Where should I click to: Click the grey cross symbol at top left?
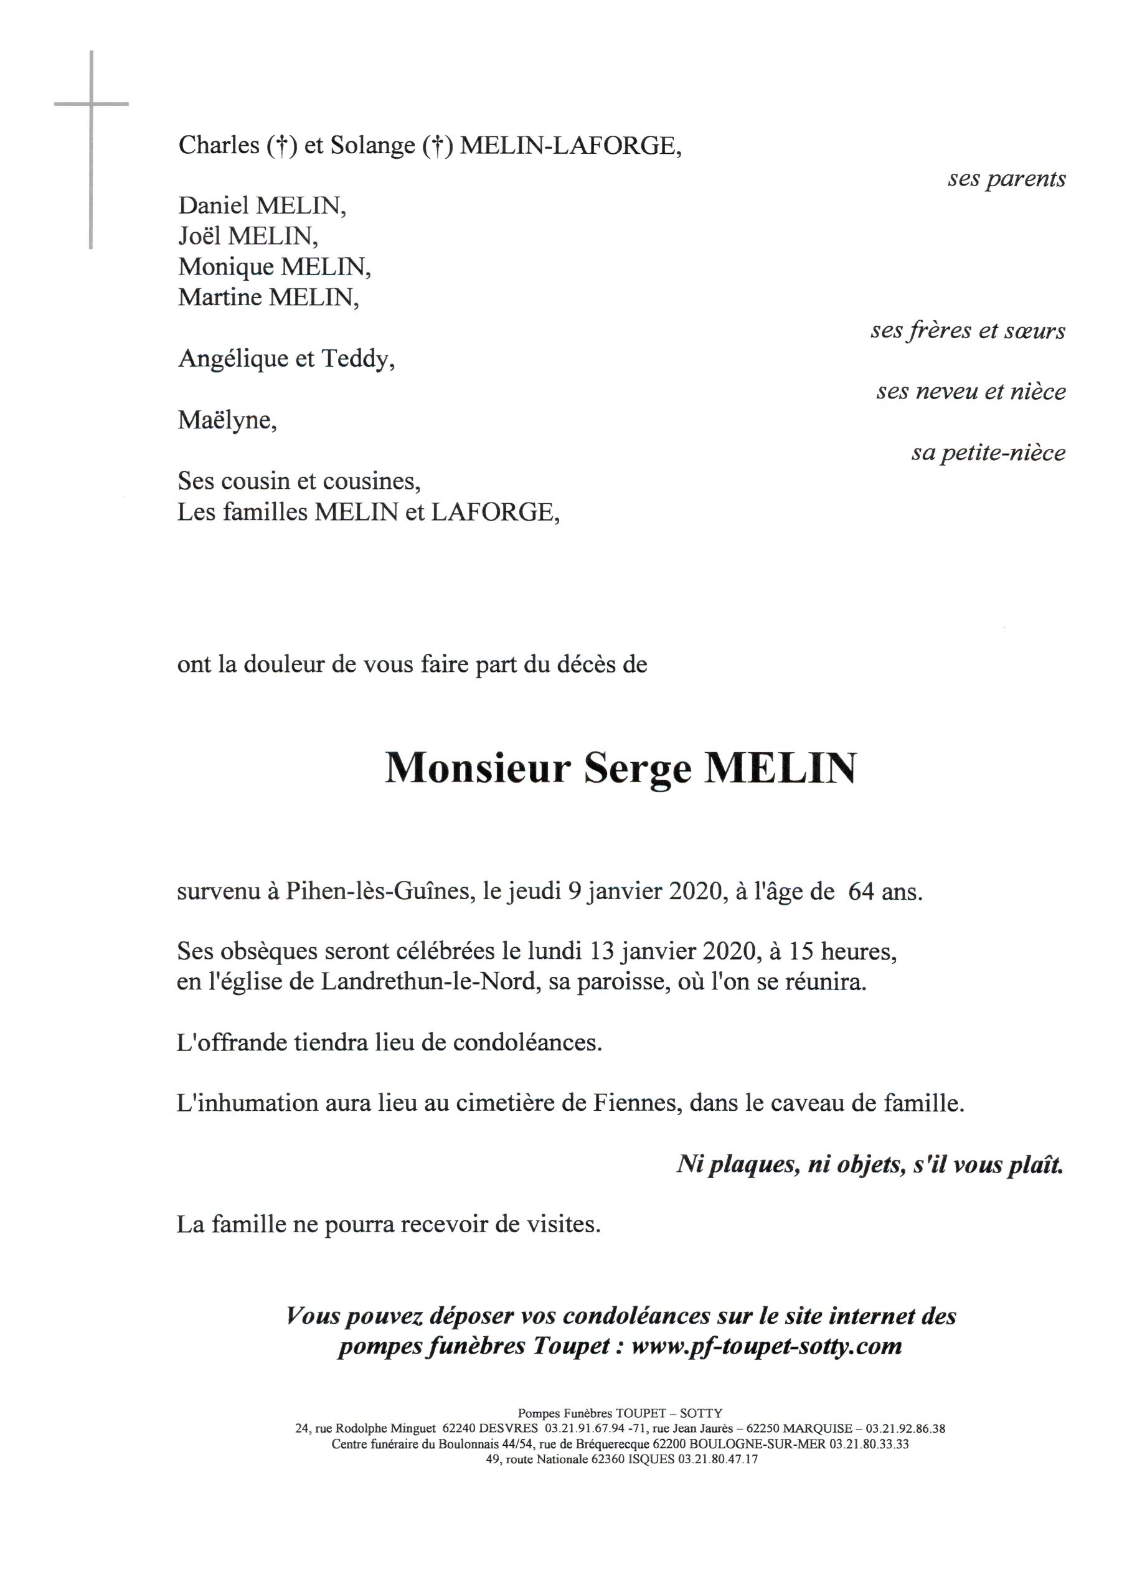91,104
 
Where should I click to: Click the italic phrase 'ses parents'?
1006,179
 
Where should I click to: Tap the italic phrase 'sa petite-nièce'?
988,453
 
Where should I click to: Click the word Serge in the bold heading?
638,768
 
